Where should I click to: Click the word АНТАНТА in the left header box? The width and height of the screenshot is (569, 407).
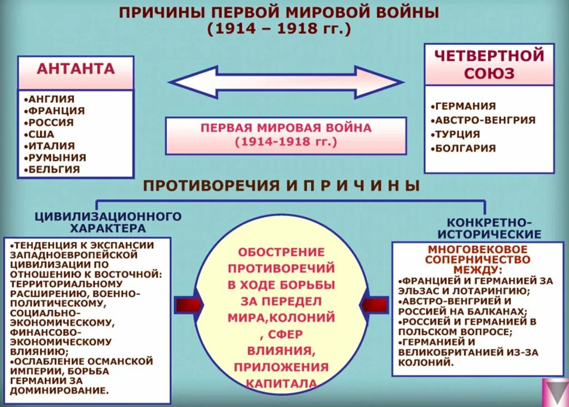76,69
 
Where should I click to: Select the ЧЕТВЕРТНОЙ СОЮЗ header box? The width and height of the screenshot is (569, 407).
489,64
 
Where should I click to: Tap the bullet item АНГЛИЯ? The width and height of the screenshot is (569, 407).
51,99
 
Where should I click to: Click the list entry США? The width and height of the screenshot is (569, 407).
42,134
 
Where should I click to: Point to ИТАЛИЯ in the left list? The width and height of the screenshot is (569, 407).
52,145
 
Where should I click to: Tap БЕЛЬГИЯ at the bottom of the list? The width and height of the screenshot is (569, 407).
53,169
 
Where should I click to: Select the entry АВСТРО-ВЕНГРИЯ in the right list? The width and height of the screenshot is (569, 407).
485,120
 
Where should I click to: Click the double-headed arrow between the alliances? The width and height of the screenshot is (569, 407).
286,82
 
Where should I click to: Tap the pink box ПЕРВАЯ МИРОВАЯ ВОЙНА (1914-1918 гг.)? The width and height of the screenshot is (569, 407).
286,135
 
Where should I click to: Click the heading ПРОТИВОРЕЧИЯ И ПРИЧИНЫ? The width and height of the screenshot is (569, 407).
282,185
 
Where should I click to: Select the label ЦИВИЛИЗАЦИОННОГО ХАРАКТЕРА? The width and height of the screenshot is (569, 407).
108,222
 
